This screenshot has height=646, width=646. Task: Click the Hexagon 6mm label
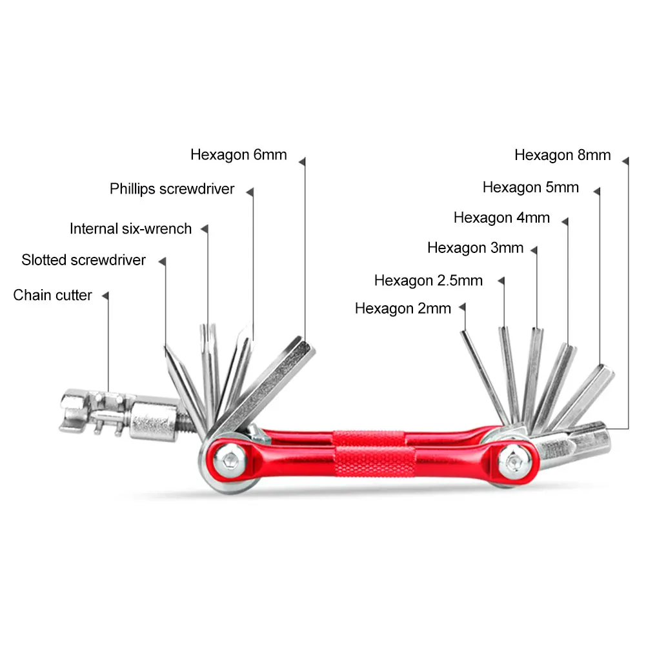(238, 155)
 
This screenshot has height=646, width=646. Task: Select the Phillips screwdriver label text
(172, 189)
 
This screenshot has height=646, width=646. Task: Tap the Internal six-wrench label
(130, 228)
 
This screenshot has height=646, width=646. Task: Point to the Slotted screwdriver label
(83, 260)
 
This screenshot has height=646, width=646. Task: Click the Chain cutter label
(52, 295)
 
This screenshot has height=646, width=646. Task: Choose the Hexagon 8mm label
(562, 155)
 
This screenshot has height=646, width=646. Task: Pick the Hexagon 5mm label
(530, 187)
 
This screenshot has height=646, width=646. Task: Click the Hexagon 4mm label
(501, 217)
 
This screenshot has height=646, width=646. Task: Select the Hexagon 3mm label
(475, 248)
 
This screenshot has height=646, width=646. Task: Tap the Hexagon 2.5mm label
(428, 281)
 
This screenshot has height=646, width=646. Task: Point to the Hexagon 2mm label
(403, 308)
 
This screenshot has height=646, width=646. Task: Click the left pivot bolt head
(228, 459)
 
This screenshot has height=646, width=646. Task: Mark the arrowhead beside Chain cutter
(105, 295)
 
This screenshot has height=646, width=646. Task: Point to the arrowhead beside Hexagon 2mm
(463, 308)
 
